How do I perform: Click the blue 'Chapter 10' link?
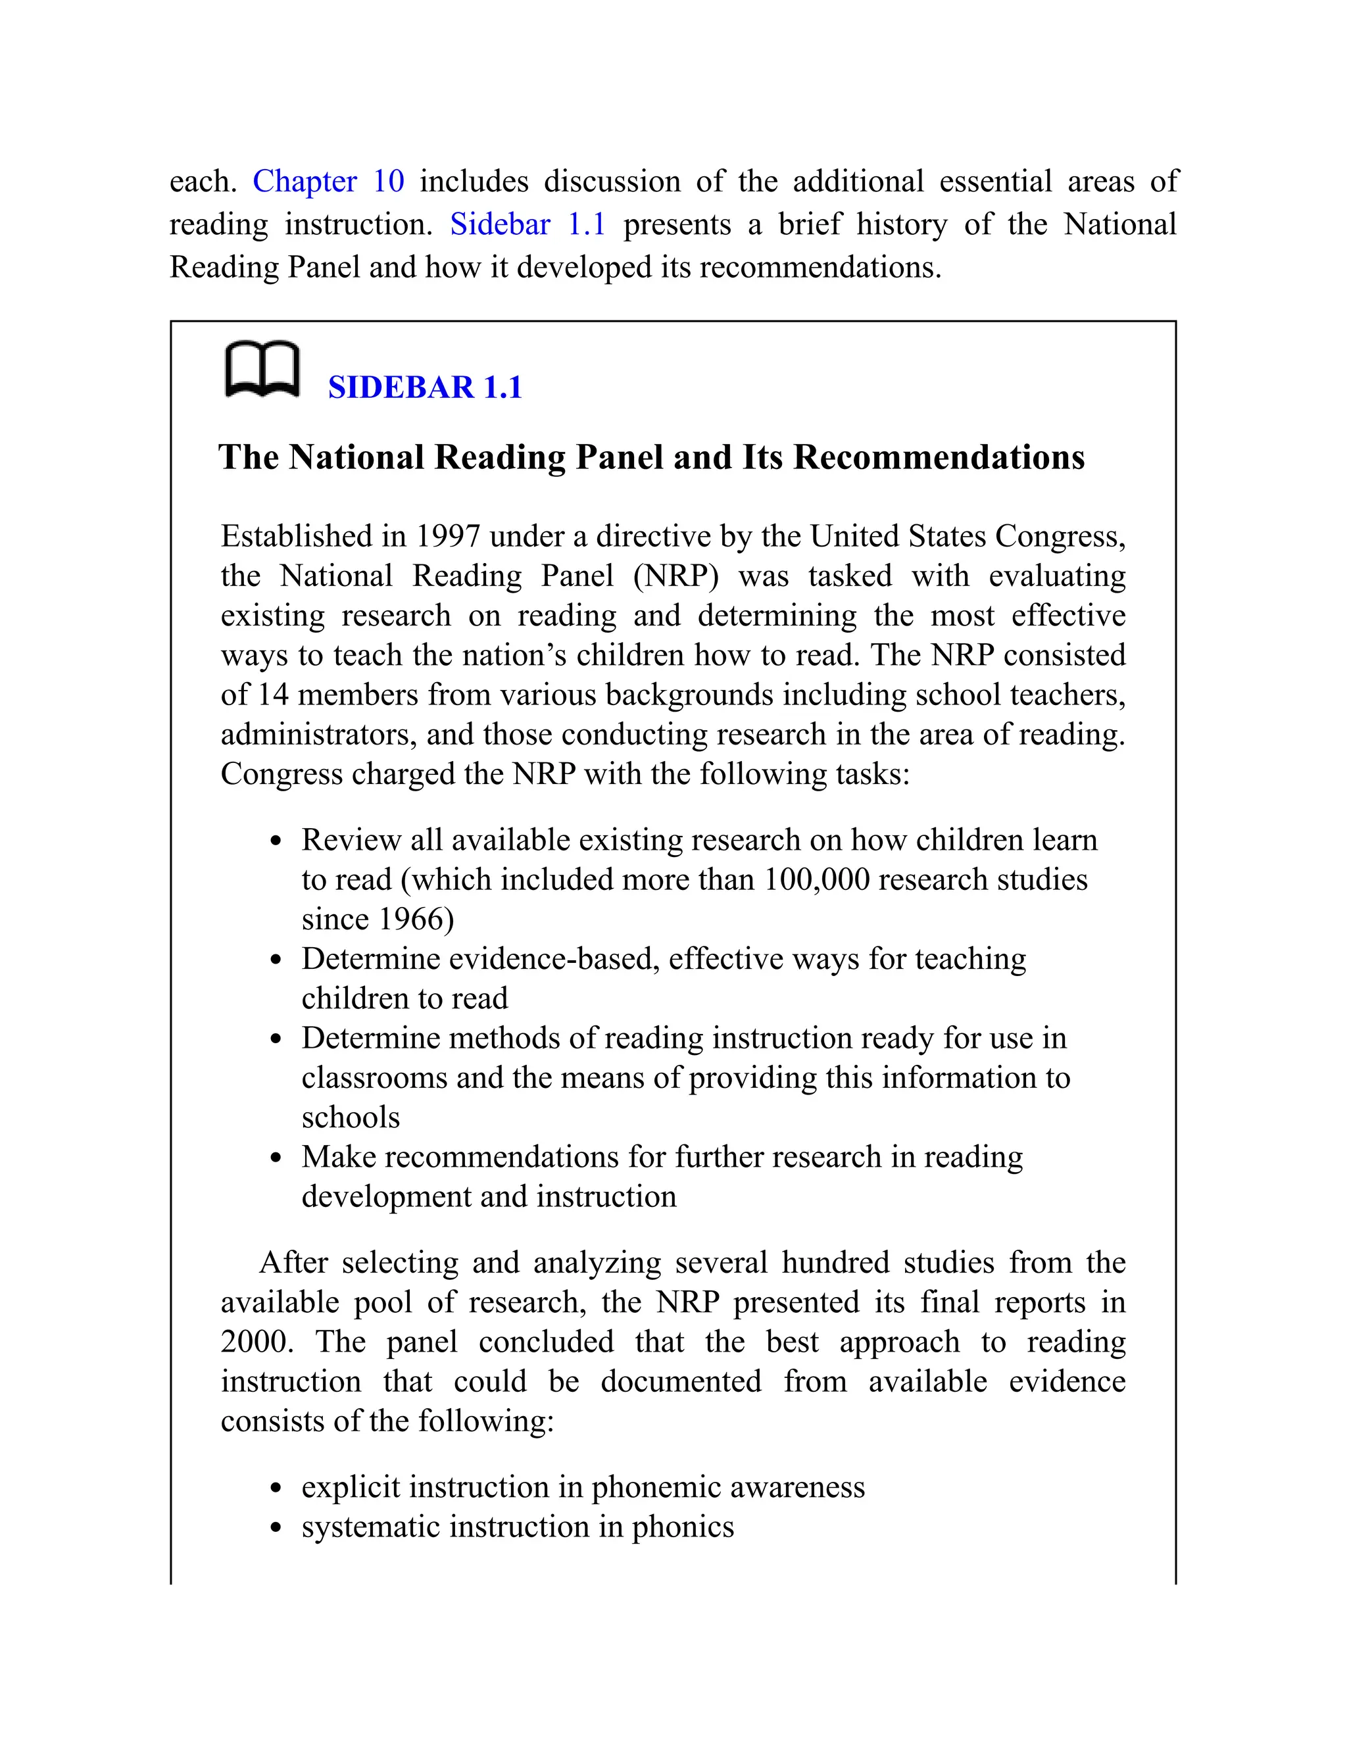pos(328,181)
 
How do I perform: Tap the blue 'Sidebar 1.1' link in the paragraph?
pos(527,224)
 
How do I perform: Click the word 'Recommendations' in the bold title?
pos(939,457)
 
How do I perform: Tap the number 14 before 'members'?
pos(272,695)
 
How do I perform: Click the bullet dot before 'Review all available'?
pos(276,842)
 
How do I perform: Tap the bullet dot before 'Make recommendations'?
pos(276,1159)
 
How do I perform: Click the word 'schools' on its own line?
pos(351,1118)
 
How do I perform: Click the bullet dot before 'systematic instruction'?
pos(276,1529)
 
